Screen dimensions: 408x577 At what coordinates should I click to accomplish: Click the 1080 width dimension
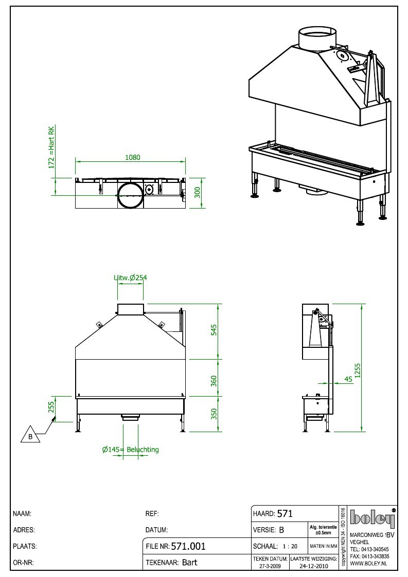click(x=133, y=157)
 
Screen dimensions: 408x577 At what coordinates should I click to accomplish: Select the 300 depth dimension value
click(x=198, y=193)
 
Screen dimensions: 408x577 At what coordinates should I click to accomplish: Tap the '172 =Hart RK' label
click(x=51, y=147)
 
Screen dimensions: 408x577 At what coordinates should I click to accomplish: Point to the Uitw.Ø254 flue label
click(x=131, y=277)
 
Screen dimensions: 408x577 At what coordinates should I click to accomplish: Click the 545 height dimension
click(x=214, y=330)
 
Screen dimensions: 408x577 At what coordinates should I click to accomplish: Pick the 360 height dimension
click(x=214, y=381)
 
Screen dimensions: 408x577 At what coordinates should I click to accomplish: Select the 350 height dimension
click(x=214, y=414)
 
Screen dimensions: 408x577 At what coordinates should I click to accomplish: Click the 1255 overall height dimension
click(x=357, y=371)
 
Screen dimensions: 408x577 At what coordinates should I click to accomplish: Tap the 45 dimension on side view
click(x=348, y=379)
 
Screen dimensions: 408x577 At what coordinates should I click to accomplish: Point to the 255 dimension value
click(x=51, y=407)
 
